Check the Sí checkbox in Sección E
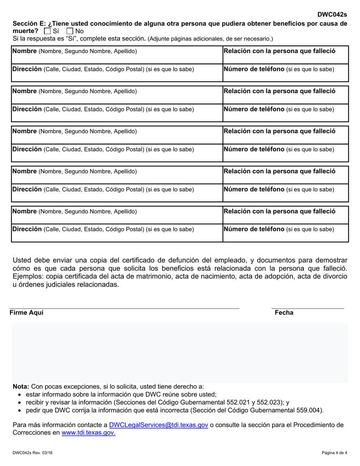click(47, 31)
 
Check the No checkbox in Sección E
click(70, 31)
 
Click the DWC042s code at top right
click(332, 15)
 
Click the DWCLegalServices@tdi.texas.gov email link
click(158, 425)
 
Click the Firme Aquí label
click(27, 313)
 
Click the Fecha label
click(284, 313)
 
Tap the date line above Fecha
click(308, 308)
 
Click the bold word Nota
click(21, 387)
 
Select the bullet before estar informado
click(20, 394)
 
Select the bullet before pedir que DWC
click(20, 410)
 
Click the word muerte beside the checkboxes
click(25, 31)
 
